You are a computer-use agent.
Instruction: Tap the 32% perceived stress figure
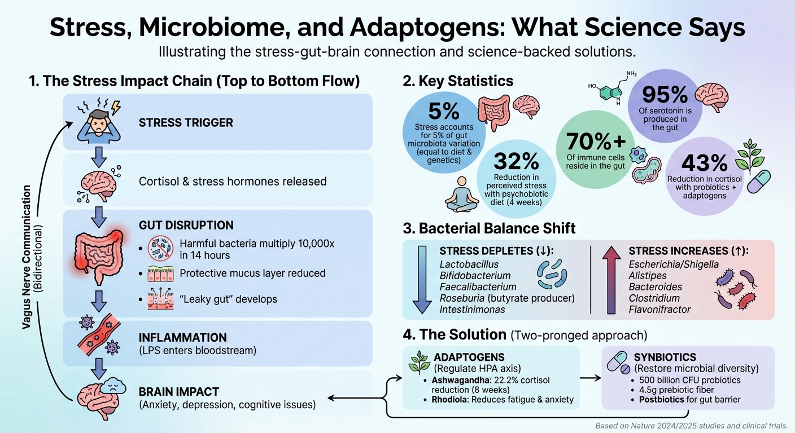(x=516, y=162)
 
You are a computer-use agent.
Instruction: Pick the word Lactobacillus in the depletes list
(x=469, y=264)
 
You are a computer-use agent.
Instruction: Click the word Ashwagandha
(x=458, y=379)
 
